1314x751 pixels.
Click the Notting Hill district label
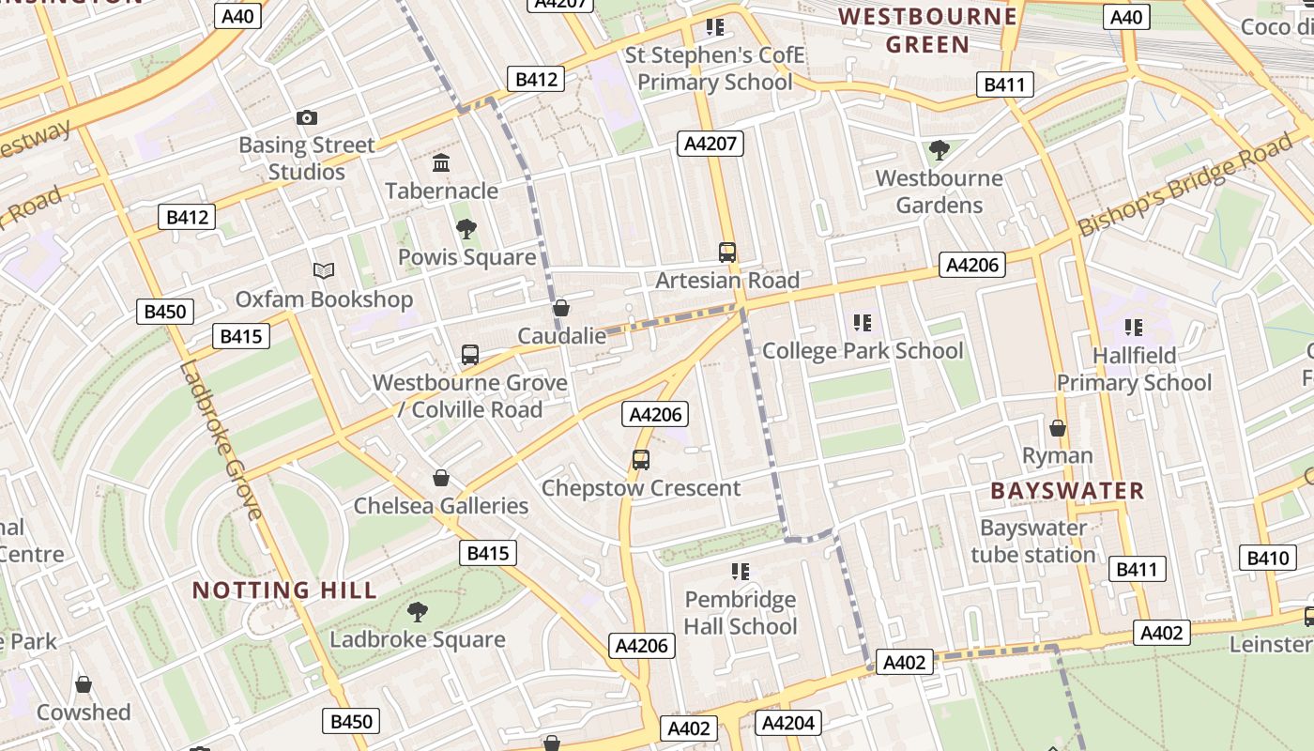click(284, 590)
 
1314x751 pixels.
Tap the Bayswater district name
click(1067, 491)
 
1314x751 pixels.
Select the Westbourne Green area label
click(927, 30)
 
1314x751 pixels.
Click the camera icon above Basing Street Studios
click(307, 118)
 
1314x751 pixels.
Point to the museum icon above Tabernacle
click(441, 164)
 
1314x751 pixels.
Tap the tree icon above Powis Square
click(466, 229)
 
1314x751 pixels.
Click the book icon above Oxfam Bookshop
click(324, 271)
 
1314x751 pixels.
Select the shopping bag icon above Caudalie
click(561, 308)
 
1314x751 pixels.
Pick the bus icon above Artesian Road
click(727, 252)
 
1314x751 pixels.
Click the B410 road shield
click(1267, 559)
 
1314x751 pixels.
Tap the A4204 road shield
click(788, 723)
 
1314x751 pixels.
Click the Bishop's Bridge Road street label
click(1184, 186)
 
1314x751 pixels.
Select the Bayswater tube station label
click(1033, 542)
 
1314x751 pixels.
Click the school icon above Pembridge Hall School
click(741, 571)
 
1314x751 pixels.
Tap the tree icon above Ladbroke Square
click(418, 612)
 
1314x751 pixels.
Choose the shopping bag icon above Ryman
click(1058, 428)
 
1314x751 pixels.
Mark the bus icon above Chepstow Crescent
click(641, 460)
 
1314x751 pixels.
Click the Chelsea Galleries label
click(441, 506)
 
